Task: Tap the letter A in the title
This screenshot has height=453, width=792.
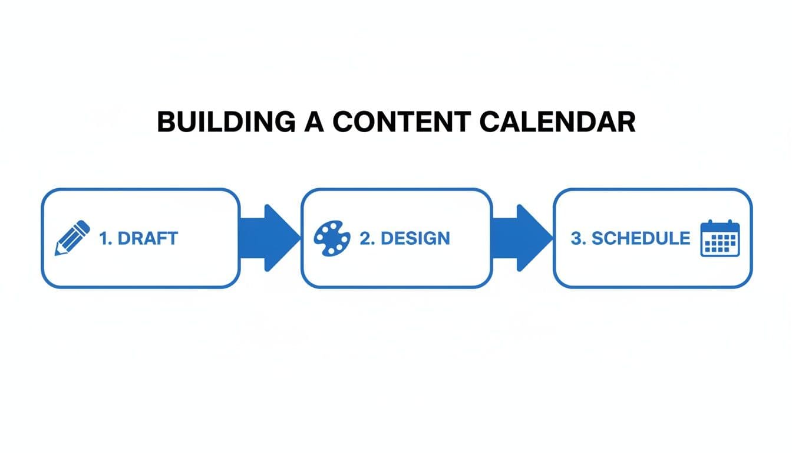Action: tap(309, 122)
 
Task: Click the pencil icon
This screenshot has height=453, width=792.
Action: tap(72, 238)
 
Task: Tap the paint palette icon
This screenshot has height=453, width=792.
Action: tap(332, 238)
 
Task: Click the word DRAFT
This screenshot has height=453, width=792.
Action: tap(148, 238)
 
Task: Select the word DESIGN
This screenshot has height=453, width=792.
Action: tap(415, 238)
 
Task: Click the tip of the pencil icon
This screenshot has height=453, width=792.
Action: tap(57, 254)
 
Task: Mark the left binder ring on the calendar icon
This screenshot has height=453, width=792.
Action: tap(709, 224)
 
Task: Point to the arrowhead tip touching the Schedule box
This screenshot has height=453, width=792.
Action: tap(552, 238)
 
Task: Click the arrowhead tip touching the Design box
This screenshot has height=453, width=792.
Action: tap(300, 238)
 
